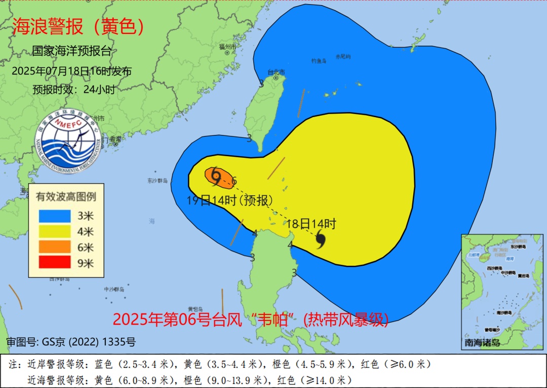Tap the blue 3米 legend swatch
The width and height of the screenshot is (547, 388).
pyautogui.click(x=54, y=216)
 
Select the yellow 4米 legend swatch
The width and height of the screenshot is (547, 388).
pyautogui.click(x=54, y=231)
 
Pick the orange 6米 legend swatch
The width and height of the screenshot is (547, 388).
pyautogui.click(x=54, y=247)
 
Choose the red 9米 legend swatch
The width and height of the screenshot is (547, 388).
pyautogui.click(x=54, y=263)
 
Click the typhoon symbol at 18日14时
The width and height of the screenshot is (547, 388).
pyautogui.click(x=321, y=239)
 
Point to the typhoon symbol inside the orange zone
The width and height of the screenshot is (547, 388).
pyautogui.click(x=216, y=175)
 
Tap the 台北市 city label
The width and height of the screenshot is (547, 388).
pyautogui.click(x=276, y=72)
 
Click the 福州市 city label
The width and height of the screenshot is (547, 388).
pyautogui.click(x=227, y=47)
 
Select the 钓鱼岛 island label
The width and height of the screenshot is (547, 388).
pyautogui.click(x=319, y=61)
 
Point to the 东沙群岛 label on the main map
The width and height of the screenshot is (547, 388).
pyautogui.click(x=158, y=181)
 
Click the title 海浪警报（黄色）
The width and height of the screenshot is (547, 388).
pyautogui.click(x=78, y=26)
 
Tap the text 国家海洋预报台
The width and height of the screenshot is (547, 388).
pyautogui.click(x=71, y=51)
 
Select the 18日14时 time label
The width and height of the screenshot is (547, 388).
pyautogui.click(x=311, y=223)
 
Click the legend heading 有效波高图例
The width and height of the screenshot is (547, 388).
pyautogui.click(x=66, y=196)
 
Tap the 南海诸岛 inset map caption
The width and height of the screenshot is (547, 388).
pyautogui.click(x=482, y=342)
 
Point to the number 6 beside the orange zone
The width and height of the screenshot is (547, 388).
pyautogui.click(x=234, y=181)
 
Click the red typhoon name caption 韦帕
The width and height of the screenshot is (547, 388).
pyautogui.click(x=277, y=319)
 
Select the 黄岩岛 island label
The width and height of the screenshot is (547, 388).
pyautogui.click(x=195, y=309)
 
